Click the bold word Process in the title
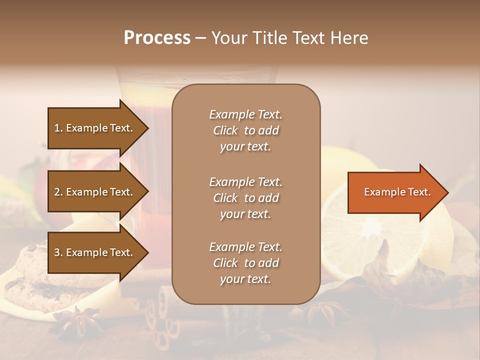[x=157, y=38]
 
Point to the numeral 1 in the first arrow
[x=57, y=128]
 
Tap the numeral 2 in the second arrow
[x=57, y=192]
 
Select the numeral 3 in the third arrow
[x=57, y=252]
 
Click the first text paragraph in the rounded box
[x=245, y=130]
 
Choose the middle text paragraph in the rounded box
[x=245, y=198]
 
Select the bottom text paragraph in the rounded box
[x=245, y=263]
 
